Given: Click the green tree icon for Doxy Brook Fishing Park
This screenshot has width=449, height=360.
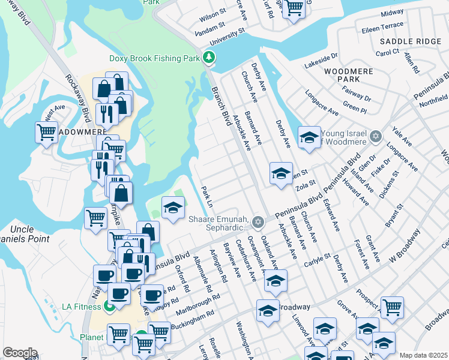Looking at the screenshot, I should tap(209, 58).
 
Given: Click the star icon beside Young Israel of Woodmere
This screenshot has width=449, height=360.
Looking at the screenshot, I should tap(376, 137).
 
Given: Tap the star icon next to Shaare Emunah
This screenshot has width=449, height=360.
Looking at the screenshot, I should tap(258, 223).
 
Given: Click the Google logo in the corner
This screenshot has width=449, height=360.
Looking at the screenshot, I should tap(20, 353).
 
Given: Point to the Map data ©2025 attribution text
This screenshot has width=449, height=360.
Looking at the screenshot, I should tap(423, 355).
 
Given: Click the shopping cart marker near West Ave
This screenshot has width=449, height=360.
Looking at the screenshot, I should tap(46, 132).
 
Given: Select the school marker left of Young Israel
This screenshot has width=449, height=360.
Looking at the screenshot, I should tap(309, 138).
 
